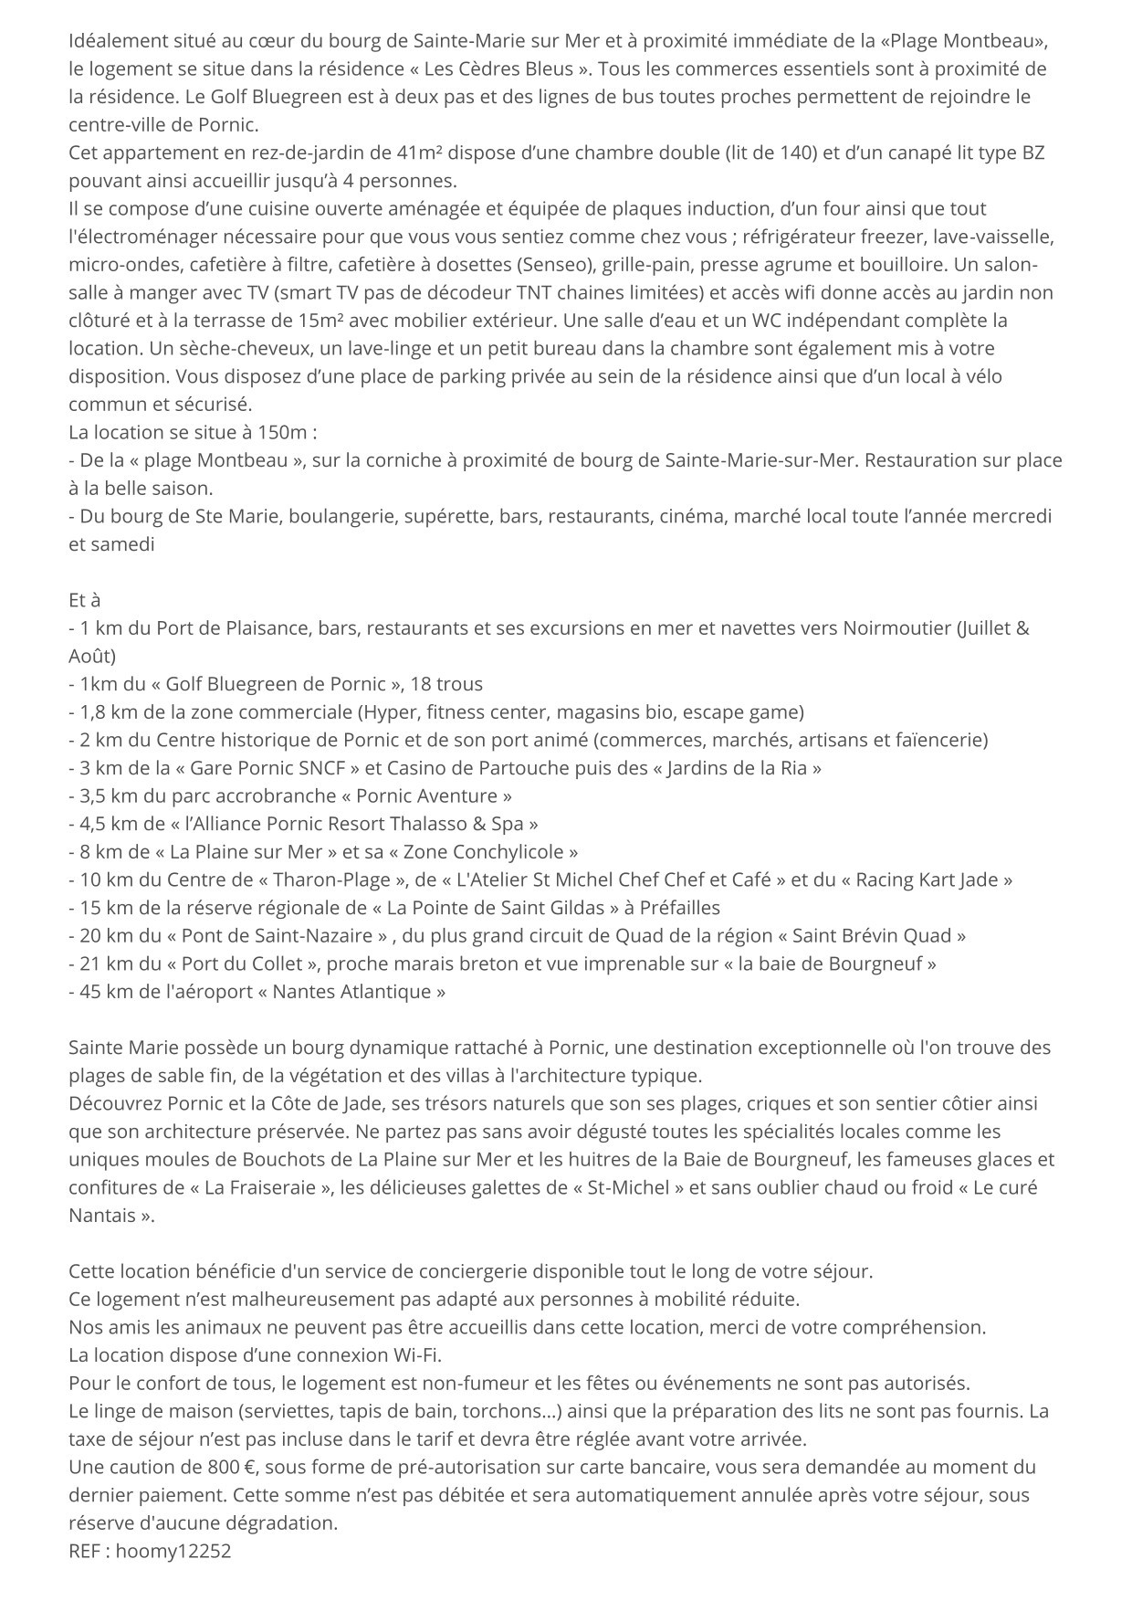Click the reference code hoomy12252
tap(173, 1551)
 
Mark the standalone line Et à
tap(84, 600)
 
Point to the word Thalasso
tap(426, 824)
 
